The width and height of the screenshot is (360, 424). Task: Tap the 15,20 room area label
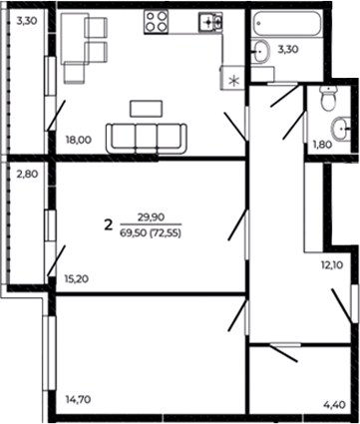pyautogui.click(x=77, y=278)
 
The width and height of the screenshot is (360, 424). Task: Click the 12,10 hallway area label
pyautogui.click(x=331, y=265)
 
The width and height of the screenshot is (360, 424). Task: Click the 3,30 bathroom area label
pyautogui.click(x=287, y=49)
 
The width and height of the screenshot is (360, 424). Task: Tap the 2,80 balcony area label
pyautogui.click(x=26, y=173)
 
